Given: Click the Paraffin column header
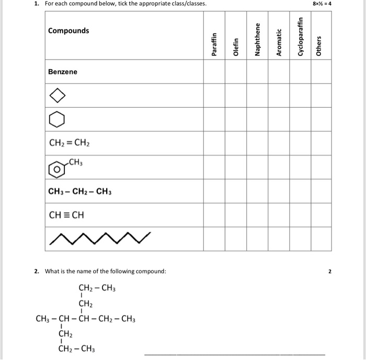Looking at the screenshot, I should pos(214,45).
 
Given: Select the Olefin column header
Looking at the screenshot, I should pos(236,47).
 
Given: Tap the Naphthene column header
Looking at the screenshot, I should pos(257,40).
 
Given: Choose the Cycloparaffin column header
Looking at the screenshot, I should pos(300,37).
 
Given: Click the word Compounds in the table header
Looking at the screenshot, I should pos(68,30).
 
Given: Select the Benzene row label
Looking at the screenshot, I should pos(63,72).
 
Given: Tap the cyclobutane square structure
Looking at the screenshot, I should pos(58,96).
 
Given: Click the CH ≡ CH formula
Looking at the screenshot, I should pos(66,215).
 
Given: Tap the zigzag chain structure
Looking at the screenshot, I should pos(100,239).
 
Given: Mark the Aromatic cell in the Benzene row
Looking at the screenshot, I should pos(279,72).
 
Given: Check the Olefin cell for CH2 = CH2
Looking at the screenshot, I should pos(236,143).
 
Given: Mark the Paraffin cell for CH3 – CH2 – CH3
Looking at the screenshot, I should pos(214,191).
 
